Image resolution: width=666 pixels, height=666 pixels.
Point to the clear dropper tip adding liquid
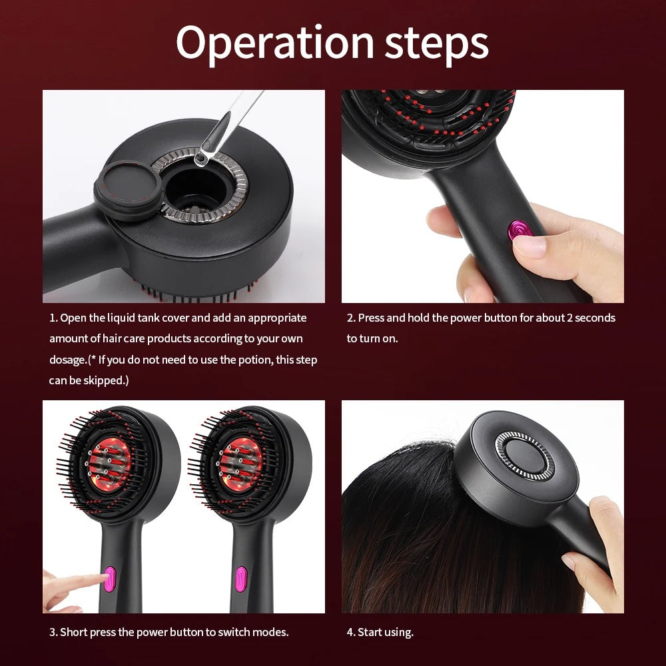[200, 159]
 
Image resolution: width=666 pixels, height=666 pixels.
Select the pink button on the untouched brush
[241, 578]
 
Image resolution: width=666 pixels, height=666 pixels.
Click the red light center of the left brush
[109, 464]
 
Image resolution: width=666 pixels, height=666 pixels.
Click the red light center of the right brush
[241, 464]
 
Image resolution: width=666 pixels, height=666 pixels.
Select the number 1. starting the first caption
[53, 318]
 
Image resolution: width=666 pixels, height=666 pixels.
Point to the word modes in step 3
[273, 632]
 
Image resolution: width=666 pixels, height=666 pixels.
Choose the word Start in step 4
[370, 632]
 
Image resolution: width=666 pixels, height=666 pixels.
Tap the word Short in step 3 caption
[74, 632]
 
